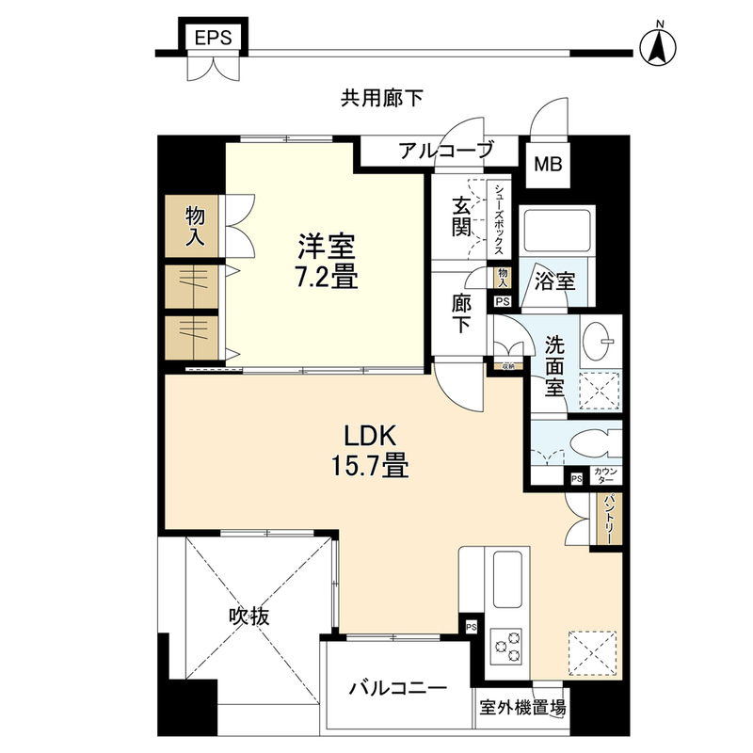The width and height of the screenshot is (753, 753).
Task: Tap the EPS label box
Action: click(x=213, y=38)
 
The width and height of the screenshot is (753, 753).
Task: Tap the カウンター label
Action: click(x=605, y=476)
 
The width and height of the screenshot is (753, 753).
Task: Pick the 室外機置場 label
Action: click(x=522, y=707)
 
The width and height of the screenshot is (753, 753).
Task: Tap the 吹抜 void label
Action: click(x=249, y=617)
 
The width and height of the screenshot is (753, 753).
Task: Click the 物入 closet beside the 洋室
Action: click(x=194, y=226)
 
